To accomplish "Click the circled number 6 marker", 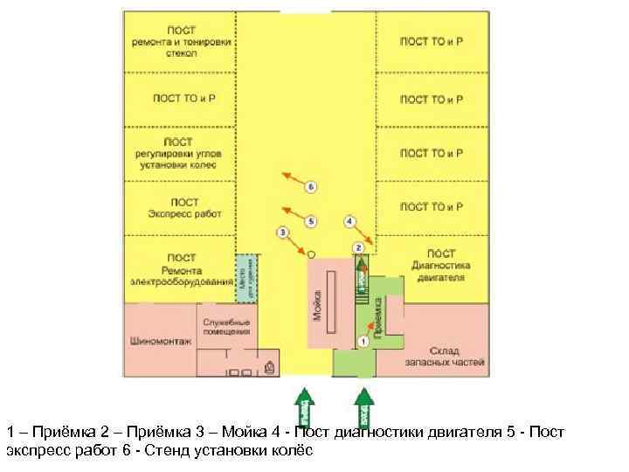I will (310, 187).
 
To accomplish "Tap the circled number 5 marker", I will (311, 220).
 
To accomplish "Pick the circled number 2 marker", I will (357, 248).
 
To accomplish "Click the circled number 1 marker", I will (362, 341).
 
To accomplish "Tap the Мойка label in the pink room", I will (316, 303).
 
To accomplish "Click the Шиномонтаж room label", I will (159, 341).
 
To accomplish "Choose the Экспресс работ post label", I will (184, 207).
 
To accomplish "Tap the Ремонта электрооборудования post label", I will (182, 270).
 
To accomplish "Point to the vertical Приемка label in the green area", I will (377, 316).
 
